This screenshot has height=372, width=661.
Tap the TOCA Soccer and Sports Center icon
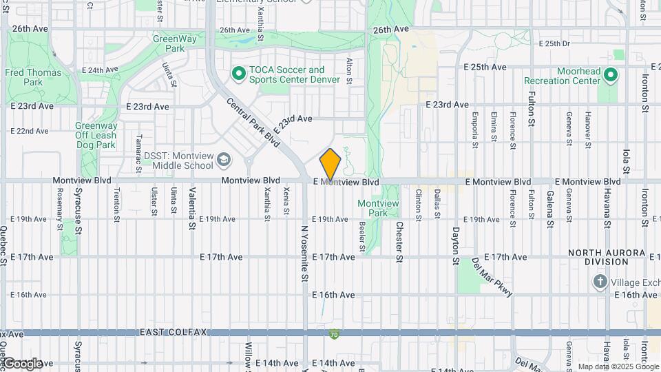239,72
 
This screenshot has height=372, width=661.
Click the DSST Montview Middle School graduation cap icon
224,161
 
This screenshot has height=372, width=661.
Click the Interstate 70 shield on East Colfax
334,333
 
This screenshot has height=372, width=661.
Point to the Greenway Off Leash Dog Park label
96,135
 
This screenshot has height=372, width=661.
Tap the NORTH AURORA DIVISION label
607,258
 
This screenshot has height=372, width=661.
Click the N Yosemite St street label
304,253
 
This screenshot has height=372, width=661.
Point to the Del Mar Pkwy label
492,277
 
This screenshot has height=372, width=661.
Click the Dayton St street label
455,245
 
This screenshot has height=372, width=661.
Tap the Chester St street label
399,241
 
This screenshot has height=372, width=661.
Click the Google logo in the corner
23,363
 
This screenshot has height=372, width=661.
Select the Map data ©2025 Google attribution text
618,366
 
